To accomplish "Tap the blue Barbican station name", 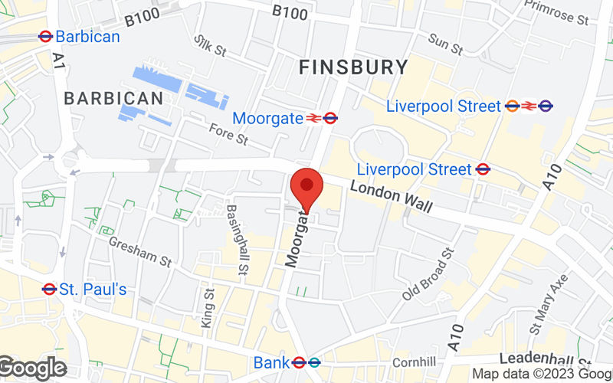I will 87,36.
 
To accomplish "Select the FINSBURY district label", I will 353,67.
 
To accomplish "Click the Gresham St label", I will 139,250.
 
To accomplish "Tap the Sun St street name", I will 445,44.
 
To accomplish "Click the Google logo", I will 32,368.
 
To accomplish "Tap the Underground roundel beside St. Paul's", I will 49,289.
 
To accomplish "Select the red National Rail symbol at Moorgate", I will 313,118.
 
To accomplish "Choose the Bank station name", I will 272,362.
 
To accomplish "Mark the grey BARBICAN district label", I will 113,98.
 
